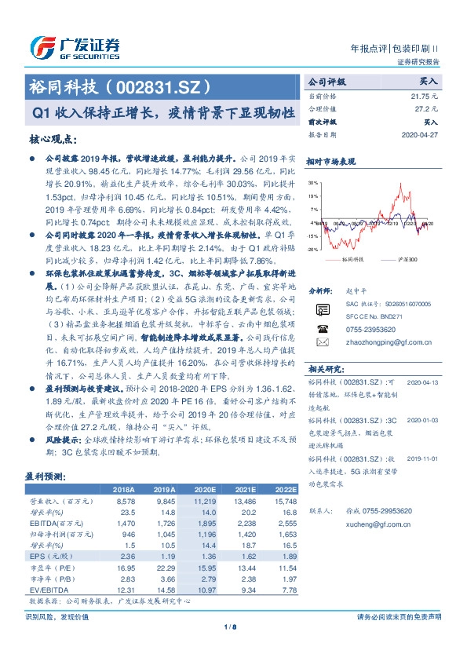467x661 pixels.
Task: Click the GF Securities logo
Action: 74,48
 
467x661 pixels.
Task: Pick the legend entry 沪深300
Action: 406,258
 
